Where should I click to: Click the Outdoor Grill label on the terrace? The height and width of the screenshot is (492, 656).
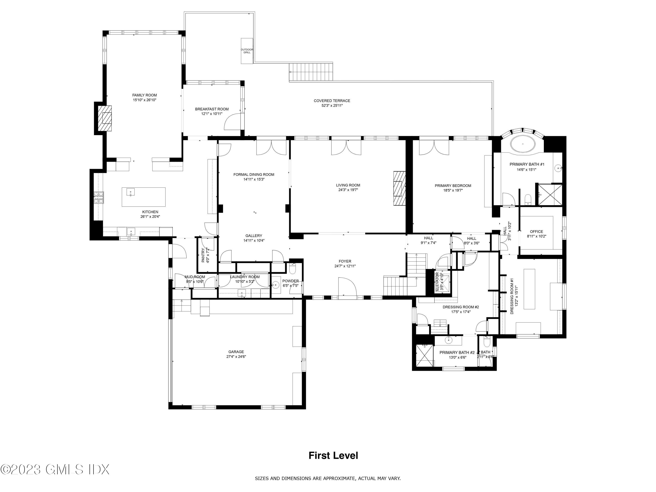coord(247,51)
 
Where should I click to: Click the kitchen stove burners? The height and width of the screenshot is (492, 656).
coord(99,197)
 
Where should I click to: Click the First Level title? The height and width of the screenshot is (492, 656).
coord(333,455)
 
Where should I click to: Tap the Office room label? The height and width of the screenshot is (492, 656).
coord(536,232)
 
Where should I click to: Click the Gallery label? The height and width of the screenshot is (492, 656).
coord(254,236)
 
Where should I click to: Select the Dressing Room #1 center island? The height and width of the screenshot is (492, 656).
coord(529,289)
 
